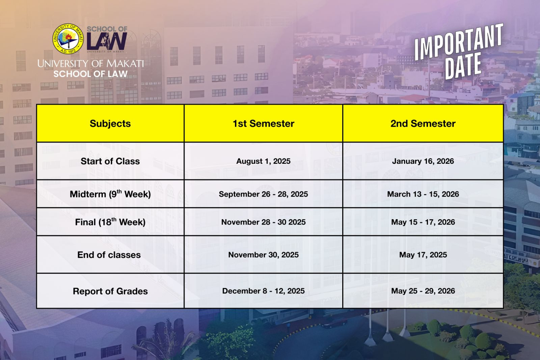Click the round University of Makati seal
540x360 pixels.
(68, 39)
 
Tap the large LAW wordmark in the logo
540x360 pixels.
(107, 41)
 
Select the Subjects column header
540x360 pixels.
(110, 124)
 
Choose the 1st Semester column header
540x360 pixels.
(263, 124)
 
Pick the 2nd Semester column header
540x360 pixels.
(423, 124)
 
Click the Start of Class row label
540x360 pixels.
(110, 161)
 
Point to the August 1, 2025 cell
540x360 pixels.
(263, 161)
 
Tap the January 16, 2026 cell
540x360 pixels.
(423, 161)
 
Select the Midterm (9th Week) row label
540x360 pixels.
(110, 194)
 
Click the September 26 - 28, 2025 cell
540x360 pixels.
(263, 194)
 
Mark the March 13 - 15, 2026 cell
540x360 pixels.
(423, 194)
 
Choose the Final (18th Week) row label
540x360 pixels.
(110, 222)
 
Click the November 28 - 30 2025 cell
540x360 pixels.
(263, 222)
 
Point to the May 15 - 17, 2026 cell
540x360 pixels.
(423, 222)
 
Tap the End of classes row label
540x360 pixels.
(109, 255)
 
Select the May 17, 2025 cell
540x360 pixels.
(423, 255)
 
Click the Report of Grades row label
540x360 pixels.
(110, 291)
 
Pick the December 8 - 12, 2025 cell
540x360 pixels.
(263, 291)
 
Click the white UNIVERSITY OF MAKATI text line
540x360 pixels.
(90, 63)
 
